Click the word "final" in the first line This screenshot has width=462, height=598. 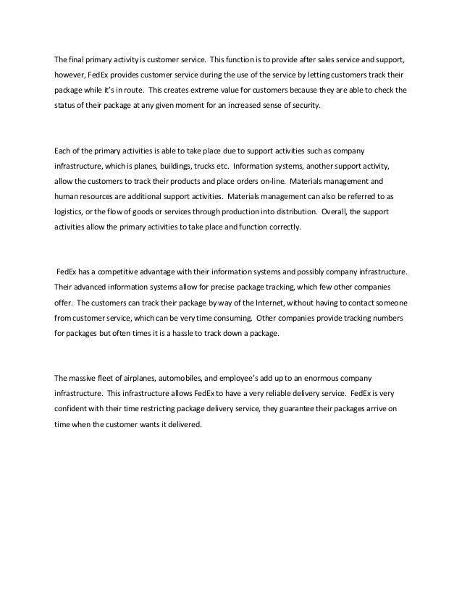[x=76, y=59]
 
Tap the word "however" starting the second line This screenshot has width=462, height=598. [x=72, y=75]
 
